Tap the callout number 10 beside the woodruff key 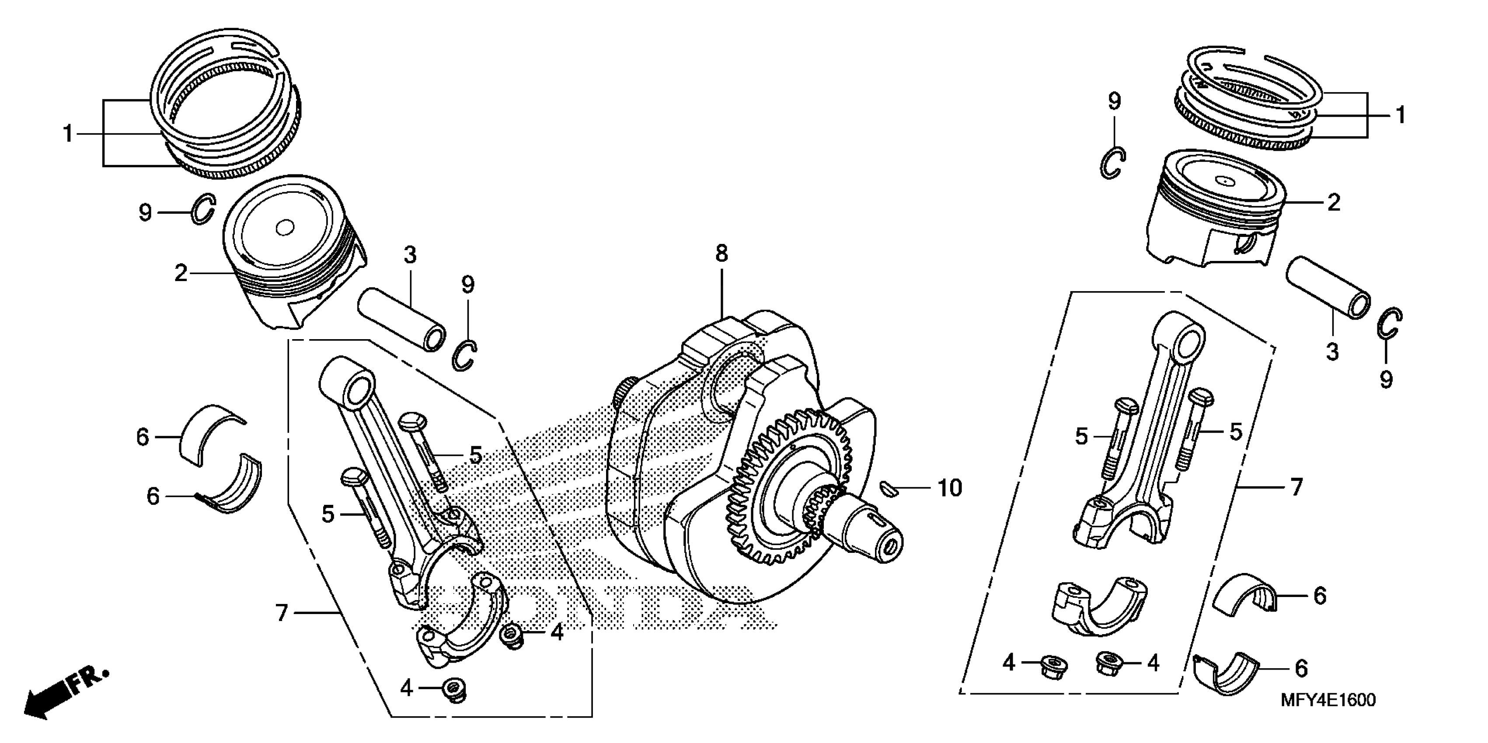[x=949, y=488]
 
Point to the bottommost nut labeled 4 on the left [x=454, y=689]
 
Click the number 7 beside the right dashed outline [x=1297, y=488]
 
